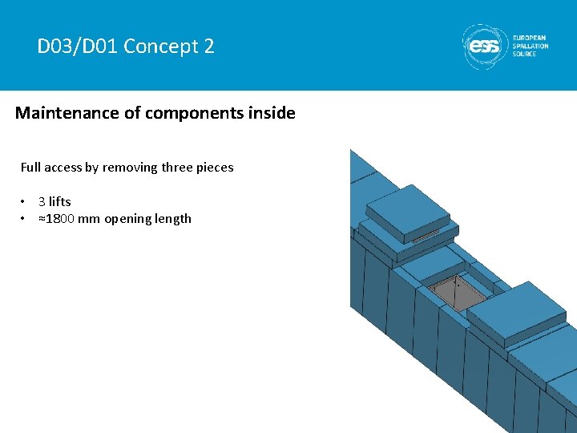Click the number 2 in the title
209,47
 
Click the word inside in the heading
272,113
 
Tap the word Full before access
30,168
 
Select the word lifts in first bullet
60,201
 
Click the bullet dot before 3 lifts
25,201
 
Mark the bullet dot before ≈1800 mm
25,218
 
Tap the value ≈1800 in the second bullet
56,218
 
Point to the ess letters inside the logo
484,47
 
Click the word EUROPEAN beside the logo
531,38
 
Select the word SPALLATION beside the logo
531,47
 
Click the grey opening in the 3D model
456,292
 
